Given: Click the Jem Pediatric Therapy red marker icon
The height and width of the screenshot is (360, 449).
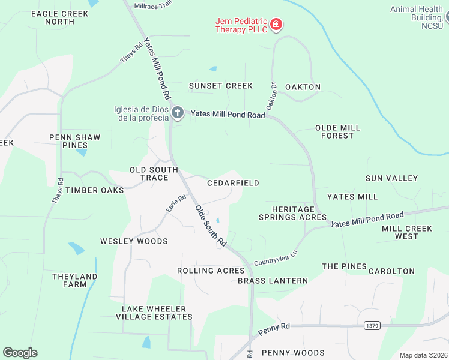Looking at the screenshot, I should click(x=276, y=25).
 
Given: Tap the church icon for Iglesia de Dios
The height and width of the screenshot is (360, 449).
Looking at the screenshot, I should click(x=177, y=113).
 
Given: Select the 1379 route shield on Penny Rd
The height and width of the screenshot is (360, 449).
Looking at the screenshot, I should click(x=371, y=325).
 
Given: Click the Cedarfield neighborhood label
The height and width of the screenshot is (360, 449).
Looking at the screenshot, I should click(x=233, y=183).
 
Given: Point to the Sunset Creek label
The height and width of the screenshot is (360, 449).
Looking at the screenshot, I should click(x=221, y=86).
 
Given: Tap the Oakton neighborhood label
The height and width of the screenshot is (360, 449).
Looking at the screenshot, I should click(x=303, y=87).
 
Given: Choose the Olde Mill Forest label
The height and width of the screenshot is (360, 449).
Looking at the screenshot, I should click(x=337, y=131).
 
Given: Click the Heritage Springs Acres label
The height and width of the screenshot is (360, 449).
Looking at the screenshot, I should click(x=292, y=213).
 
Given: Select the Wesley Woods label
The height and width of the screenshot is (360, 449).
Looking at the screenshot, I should click(x=134, y=241).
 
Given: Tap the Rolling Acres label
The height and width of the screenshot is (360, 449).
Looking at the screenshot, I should click(x=211, y=271).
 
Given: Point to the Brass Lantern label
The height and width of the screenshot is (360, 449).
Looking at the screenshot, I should click(x=273, y=281).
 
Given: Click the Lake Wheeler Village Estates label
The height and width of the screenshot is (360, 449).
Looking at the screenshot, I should click(x=154, y=313).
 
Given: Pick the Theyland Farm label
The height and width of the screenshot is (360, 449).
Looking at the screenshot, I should click(x=74, y=280).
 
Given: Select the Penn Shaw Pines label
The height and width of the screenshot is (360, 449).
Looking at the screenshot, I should click(x=75, y=141).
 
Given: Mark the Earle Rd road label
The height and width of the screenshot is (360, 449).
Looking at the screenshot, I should click(x=176, y=202).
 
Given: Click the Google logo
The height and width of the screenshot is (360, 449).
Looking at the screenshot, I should click(x=20, y=353).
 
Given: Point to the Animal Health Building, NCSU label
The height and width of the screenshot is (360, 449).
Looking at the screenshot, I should click(x=416, y=17).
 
